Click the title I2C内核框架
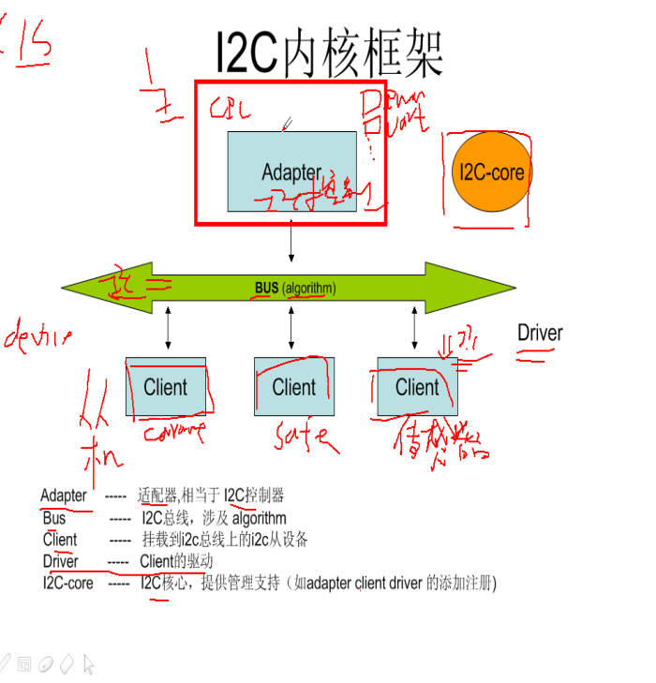pyautogui.click(x=329, y=54)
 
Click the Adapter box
pyautogui.click(x=291, y=171)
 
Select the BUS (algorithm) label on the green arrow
pyautogui.click(x=294, y=289)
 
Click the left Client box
pyautogui.click(x=165, y=386)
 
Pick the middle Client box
pyautogui.click(x=294, y=386)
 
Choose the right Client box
pyautogui.click(x=417, y=386)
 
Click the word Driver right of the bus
pyautogui.click(x=540, y=333)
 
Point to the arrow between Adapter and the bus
pyautogui.click(x=291, y=243)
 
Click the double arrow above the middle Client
pyautogui.click(x=291, y=328)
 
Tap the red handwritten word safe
pyautogui.click(x=302, y=435)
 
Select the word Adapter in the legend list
pyautogui.click(x=64, y=496)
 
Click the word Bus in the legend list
pyautogui.click(x=54, y=518)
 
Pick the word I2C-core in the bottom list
pyautogui.click(x=68, y=583)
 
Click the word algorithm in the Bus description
pyautogui.click(x=260, y=518)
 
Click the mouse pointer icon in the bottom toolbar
pyautogui.click(x=88, y=664)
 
